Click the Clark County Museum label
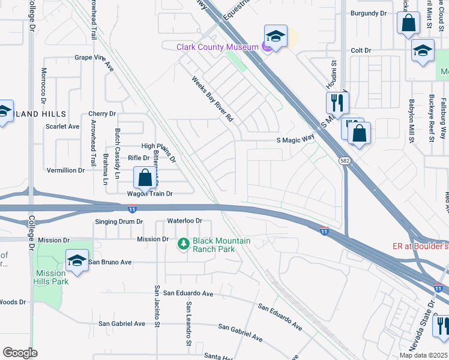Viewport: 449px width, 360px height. pos(217,47)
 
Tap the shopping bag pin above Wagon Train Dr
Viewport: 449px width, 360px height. pos(145,178)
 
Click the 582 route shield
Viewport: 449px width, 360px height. pos(345,161)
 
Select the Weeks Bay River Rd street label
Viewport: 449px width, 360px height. pos(212,100)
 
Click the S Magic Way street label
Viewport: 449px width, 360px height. pos(295,139)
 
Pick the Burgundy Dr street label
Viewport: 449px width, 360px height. pos(369,13)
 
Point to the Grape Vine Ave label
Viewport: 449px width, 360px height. pos(94,58)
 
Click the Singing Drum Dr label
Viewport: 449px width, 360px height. pos(119,221)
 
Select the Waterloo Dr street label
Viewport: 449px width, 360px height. pos(184,221)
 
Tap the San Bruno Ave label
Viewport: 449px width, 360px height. pos(110,262)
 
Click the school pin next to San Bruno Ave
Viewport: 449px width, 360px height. pos(77,260)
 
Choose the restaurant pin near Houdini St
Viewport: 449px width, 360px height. pos(337,103)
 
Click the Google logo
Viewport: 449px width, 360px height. pos(20,353)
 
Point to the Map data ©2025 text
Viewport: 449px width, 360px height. pos(423,355)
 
